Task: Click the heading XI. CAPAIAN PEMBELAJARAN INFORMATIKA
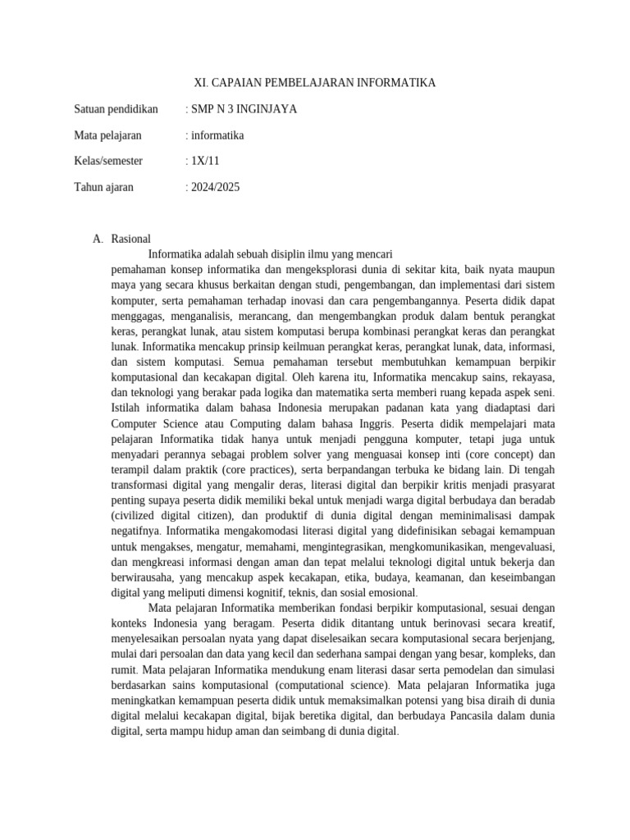314,83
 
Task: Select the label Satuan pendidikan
116,108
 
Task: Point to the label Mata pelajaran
107,135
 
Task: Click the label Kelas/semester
112,161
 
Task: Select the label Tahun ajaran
103,187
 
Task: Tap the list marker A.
98,240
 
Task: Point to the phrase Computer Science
153,424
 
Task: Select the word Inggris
375,424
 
